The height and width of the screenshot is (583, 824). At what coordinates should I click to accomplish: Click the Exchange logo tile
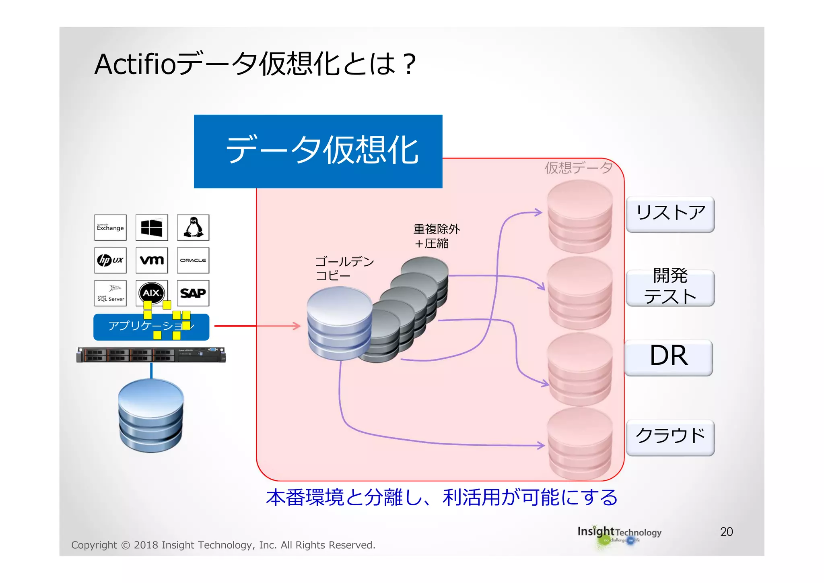coord(110,227)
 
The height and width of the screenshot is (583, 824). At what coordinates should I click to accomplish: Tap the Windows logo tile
coord(152,227)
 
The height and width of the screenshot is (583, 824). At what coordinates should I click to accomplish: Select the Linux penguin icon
coord(193,227)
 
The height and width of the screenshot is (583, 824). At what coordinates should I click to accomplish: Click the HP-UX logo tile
coord(110,260)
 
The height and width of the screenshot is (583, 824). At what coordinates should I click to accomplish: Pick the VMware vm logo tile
coord(152,260)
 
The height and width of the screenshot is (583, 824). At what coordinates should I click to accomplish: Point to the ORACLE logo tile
coord(193,260)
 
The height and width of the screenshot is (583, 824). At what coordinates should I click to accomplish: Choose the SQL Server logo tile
coord(110,293)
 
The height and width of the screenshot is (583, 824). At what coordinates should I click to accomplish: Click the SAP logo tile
coord(193,293)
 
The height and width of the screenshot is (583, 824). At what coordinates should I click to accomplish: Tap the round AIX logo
coord(151,293)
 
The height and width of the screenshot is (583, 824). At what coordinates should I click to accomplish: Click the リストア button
coord(670,214)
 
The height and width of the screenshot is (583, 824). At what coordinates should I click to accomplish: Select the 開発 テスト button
coord(670,287)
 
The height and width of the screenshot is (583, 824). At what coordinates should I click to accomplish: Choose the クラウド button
coord(670,437)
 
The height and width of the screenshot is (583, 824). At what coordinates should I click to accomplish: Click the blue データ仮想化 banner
coord(318,151)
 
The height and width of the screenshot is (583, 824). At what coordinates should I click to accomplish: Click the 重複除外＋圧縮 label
coord(436,236)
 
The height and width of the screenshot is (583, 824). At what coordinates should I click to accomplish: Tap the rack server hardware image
coord(151,355)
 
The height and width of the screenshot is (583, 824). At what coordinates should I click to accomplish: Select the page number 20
coord(726,532)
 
